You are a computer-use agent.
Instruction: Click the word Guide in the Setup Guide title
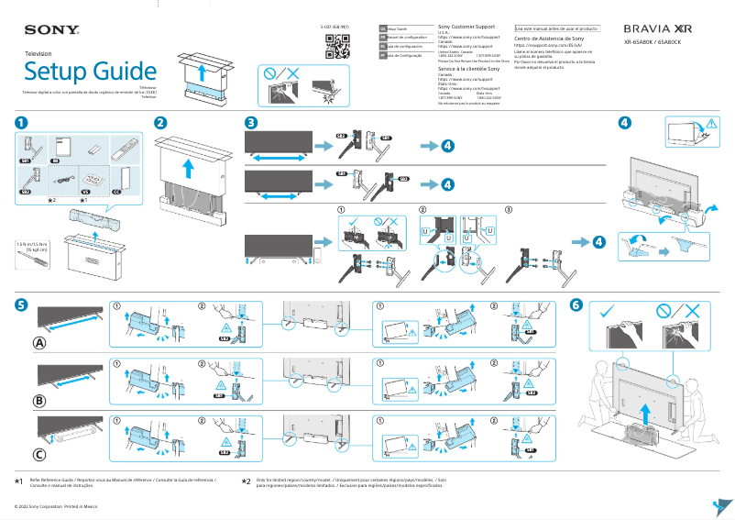(115, 72)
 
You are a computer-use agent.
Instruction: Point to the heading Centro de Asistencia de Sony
(548, 39)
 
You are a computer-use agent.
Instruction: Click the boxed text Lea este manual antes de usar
(557, 28)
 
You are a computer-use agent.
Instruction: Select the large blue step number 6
(576, 305)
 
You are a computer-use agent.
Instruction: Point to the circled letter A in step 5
(39, 343)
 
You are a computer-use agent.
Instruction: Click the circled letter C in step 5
(39, 454)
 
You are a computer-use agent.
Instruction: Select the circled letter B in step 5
(39, 400)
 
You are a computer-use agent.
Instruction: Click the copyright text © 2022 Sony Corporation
(52, 505)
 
